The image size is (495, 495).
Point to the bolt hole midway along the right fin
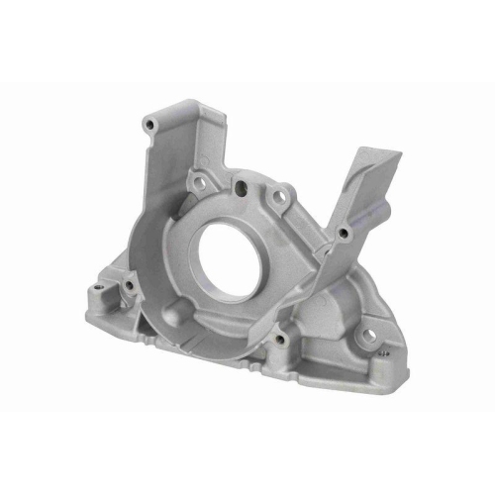coord(343,234)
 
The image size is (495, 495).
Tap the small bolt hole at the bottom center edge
coord(280,340)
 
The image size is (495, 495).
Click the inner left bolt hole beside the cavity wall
coord(127,287)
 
